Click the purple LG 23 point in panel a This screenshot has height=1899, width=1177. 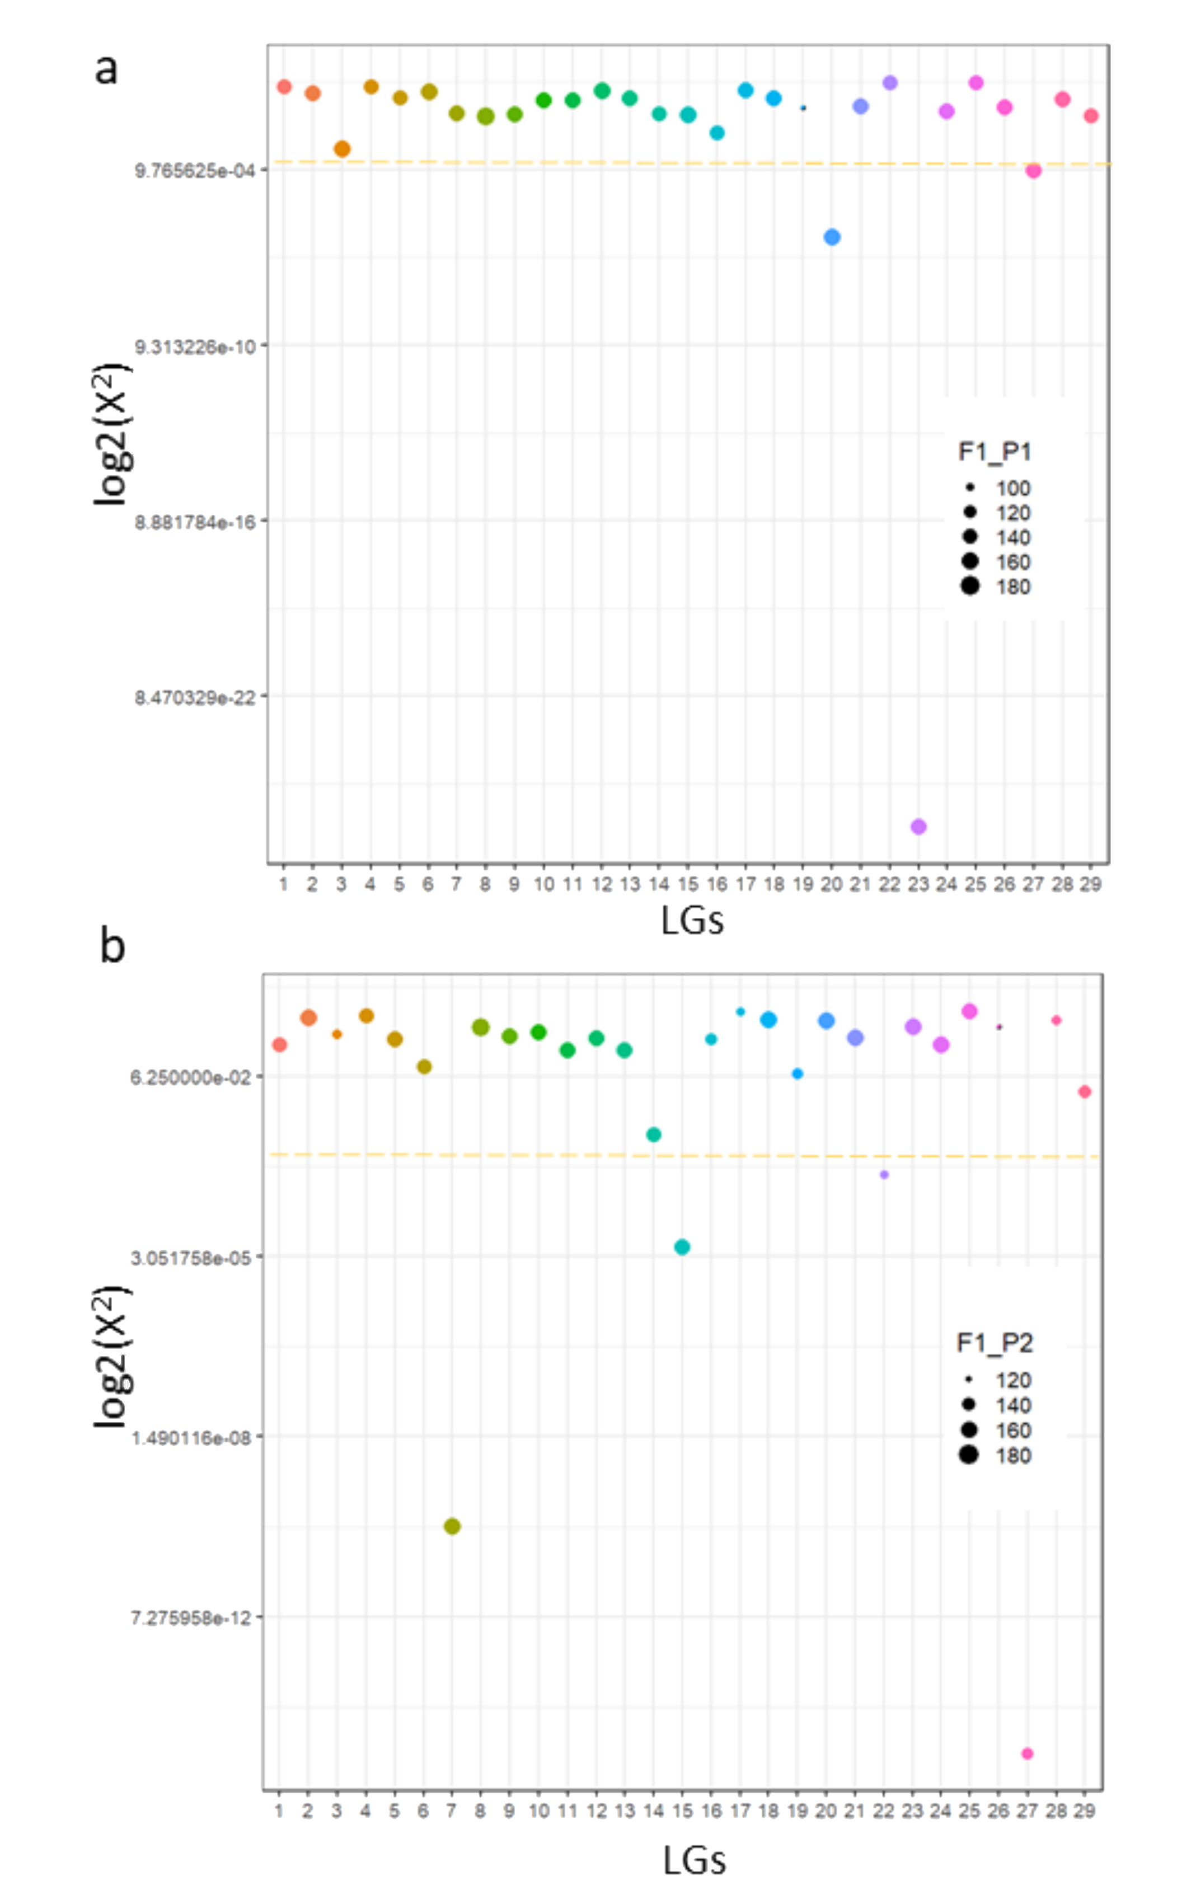point(918,827)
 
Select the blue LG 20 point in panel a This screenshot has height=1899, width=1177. point(832,237)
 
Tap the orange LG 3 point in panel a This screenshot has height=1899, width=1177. point(342,149)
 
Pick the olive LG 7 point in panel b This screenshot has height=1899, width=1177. point(452,1526)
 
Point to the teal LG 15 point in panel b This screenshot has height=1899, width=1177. point(682,1247)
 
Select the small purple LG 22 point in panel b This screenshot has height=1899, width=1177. point(884,1174)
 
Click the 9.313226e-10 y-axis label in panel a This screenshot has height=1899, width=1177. point(195,346)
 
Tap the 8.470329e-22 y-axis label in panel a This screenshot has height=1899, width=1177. point(195,697)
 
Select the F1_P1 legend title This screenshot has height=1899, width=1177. point(994,452)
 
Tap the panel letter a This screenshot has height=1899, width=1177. point(107,68)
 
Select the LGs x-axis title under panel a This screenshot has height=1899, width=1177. point(692,921)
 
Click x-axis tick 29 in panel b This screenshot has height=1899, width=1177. point(1084,1811)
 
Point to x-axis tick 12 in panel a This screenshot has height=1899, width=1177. point(602,884)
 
